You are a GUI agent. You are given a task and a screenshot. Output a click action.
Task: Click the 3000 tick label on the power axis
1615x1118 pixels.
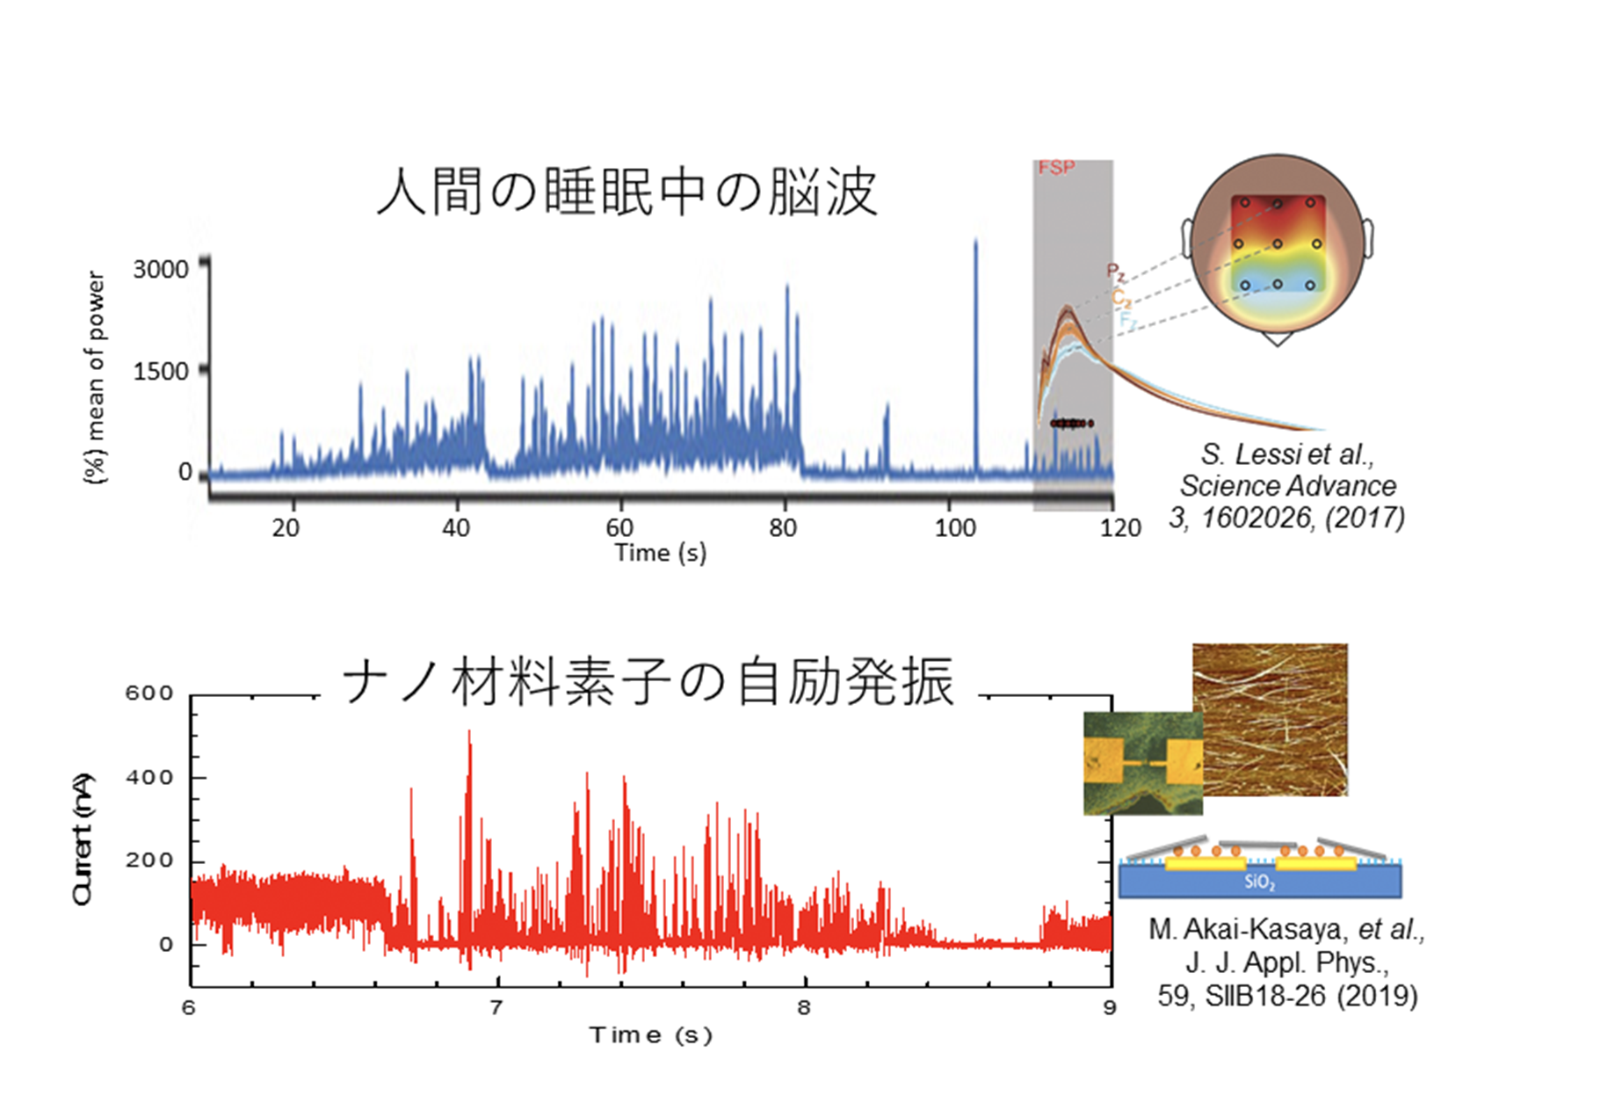point(161,269)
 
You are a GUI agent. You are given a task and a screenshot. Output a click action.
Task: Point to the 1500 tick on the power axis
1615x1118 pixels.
point(161,371)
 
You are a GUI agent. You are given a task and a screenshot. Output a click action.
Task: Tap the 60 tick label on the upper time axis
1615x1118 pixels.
point(619,527)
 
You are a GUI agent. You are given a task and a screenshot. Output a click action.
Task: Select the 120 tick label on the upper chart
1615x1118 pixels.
point(1120,527)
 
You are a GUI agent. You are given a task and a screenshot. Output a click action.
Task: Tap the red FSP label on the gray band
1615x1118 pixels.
point(1055,168)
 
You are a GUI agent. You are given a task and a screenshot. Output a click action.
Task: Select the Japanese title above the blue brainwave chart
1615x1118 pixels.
point(626,192)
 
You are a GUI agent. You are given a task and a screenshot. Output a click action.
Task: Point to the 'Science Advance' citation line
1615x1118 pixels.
point(1287,485)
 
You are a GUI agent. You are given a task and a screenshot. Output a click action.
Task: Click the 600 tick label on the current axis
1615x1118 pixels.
point(148,693)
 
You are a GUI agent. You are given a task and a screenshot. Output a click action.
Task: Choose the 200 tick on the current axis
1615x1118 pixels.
point(148,860)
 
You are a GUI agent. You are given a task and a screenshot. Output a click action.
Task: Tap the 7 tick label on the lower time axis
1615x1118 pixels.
point(496,1007)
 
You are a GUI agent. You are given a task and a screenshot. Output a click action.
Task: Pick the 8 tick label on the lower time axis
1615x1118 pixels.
point(804,1007)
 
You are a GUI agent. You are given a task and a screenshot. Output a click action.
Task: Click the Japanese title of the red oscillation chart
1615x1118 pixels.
point(648,682)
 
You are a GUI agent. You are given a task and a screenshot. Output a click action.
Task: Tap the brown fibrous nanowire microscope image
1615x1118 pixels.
point(1270,719)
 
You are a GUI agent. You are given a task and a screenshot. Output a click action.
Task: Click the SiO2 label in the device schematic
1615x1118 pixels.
point(1259,882)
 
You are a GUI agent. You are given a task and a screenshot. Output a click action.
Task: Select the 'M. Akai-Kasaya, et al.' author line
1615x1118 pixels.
point(1286,929)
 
